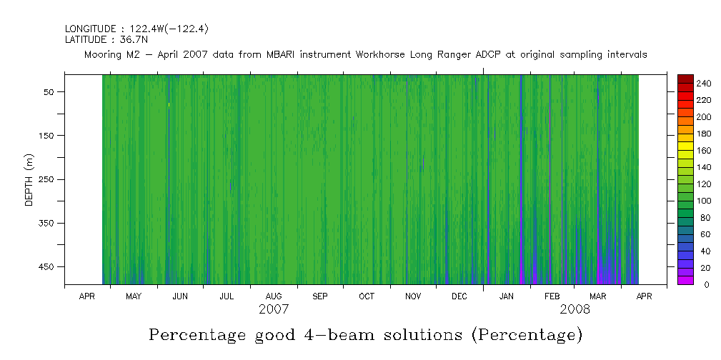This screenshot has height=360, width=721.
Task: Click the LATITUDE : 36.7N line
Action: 106,40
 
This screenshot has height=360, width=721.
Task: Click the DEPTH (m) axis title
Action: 29,179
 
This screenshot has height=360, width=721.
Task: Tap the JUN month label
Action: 180,296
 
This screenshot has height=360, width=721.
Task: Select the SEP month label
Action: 320,296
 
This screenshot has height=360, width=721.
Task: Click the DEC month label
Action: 459,296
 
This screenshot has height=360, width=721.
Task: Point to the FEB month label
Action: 553,296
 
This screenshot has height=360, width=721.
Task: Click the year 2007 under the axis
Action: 274,310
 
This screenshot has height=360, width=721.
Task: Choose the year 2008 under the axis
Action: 575,310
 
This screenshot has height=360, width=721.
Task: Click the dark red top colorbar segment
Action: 685,78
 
